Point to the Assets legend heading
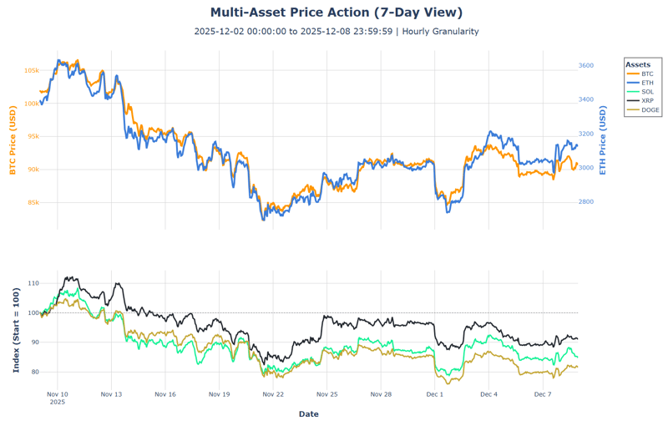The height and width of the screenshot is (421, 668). click(x=638, y=64)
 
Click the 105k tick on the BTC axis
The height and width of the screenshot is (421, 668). click(x=31, y=70)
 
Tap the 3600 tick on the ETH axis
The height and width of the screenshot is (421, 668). click(x=586, y=65)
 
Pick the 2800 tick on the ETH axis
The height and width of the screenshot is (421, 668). click(x=586, y=202)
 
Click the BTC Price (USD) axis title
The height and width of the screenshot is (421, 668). click(x=13, y=141)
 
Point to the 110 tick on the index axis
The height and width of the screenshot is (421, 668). click(x=33, y=284)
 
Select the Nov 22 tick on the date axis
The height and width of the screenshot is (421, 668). click(x=273, y=393)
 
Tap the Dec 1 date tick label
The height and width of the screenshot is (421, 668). click(x=435, y=393)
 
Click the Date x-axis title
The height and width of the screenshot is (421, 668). click(x=308, y=413)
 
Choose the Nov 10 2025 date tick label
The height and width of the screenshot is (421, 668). click(x=58, y=397)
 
